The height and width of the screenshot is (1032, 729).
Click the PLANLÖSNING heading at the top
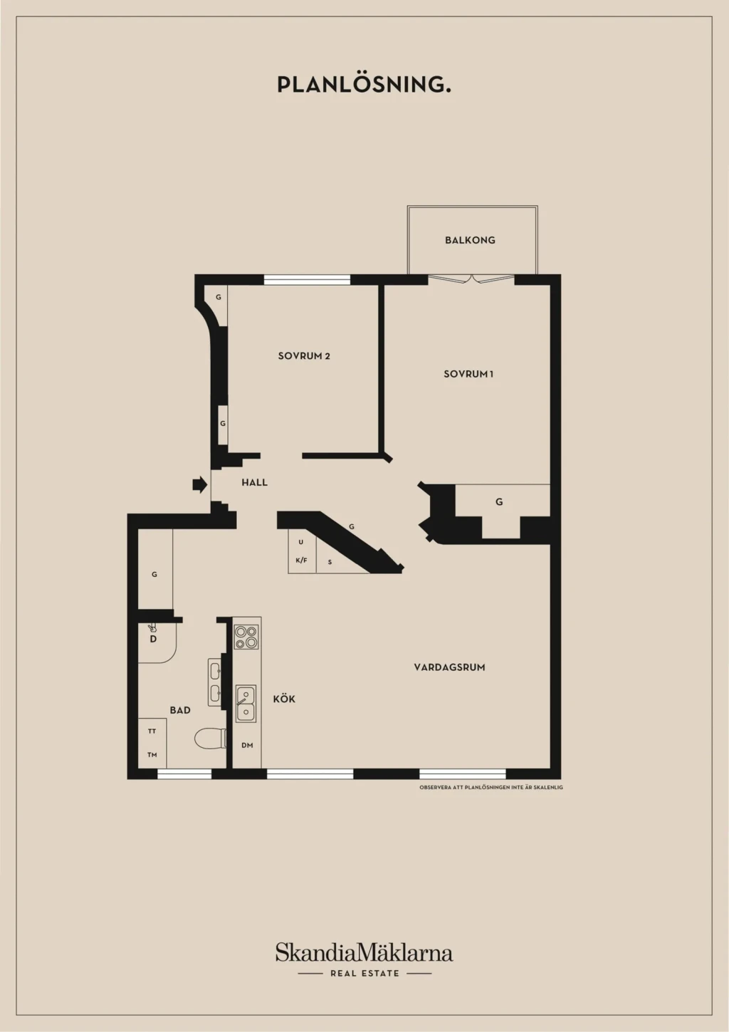364,85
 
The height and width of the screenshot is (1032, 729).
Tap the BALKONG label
470,240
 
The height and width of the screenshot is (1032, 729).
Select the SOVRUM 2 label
304,355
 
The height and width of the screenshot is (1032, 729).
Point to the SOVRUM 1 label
468,374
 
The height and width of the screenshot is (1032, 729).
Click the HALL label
255,482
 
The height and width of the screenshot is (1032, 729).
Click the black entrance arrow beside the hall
200,484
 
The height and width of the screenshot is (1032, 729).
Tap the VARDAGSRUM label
449,667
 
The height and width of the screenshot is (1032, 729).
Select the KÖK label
284,699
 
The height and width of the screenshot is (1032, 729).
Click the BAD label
180,710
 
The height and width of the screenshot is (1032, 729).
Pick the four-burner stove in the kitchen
246,637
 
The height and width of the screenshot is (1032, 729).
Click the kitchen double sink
246,703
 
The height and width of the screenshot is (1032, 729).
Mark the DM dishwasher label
247,745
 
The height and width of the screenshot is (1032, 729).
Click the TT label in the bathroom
152,731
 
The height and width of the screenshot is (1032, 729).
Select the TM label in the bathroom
152,755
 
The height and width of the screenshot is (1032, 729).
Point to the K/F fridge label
301,561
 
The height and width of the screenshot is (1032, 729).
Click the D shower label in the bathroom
153,639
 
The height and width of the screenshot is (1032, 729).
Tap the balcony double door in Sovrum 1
471,278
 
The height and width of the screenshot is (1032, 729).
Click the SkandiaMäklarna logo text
364,953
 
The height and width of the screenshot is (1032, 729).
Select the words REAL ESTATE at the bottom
364,974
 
